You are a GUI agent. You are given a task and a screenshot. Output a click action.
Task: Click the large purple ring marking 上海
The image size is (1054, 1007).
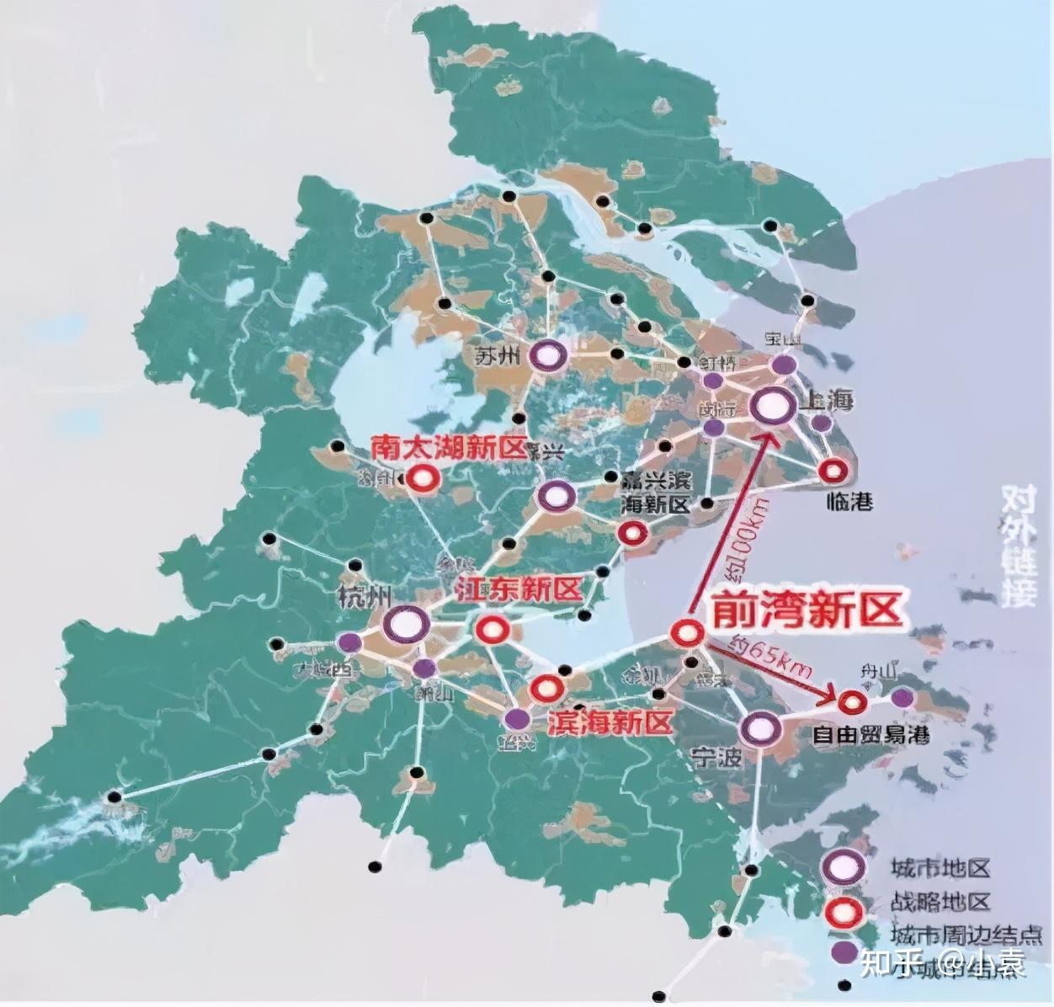point(773,407)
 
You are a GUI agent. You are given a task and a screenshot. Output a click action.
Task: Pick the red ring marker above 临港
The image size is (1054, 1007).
point(834,471)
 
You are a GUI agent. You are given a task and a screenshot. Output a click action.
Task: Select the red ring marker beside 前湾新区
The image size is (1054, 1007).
point(686,632)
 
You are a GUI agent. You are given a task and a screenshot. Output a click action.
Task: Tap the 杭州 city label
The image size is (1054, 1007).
point(363,597)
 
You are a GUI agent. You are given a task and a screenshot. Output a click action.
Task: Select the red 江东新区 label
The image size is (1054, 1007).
point(518,589)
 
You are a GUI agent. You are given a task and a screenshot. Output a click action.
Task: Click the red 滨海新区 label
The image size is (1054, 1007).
point(610,722)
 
